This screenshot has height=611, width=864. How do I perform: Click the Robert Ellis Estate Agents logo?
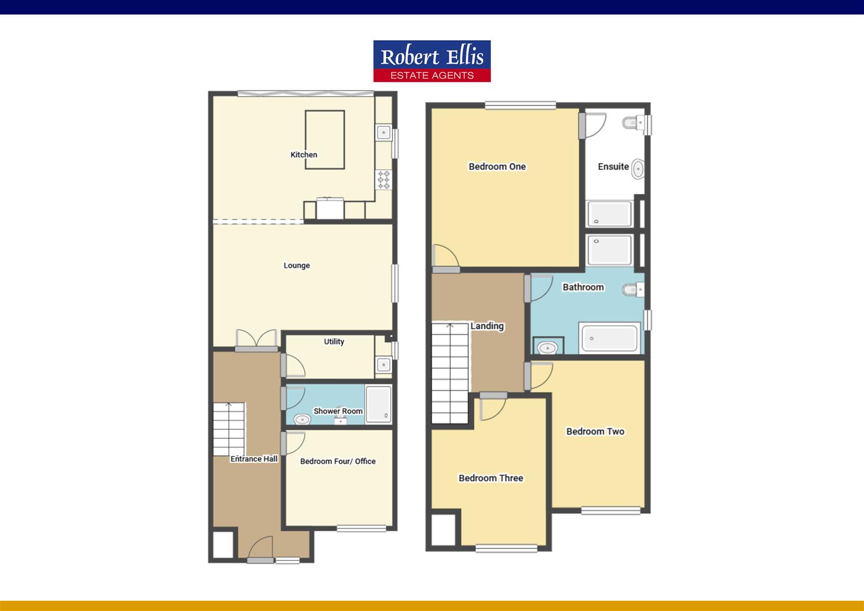(432, 61)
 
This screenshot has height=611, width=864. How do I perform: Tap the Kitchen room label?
(304, 154)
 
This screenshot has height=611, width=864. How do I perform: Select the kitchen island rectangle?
(325, 139)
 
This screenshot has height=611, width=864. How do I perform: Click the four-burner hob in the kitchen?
(384, 179)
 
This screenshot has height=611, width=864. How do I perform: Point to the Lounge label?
(296, 265)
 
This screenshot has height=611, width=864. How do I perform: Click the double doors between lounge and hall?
(257, 339)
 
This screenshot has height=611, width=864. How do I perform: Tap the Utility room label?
(334, 342)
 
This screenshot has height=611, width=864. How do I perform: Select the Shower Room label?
(338, 411)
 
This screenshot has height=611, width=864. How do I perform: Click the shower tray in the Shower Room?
(378, 404)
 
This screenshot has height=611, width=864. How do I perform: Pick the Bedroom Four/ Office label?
(338, 461)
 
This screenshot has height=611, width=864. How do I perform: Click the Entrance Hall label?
(254, 459)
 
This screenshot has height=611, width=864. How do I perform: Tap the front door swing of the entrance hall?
(261, 548)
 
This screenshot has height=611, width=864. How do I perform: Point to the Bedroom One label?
(497, 166)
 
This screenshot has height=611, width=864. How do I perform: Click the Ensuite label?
(613, 166)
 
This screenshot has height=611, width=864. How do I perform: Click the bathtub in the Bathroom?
(610, 338)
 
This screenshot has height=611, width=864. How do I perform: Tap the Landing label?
(487, 326)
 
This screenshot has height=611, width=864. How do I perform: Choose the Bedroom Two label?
(595, 431)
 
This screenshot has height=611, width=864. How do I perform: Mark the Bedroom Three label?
(490, 478)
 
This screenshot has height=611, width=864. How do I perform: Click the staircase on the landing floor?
(450, 373)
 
